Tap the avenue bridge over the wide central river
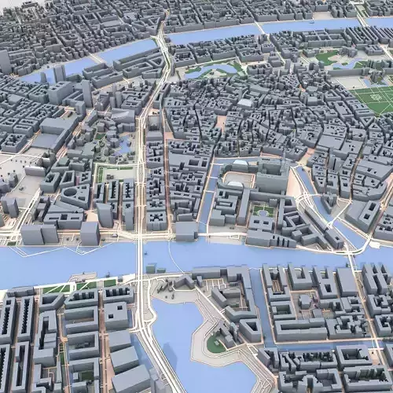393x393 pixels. click(141, 255)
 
